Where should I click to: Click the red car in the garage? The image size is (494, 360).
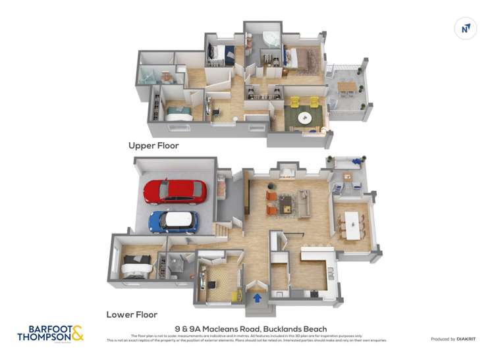click(175, 191)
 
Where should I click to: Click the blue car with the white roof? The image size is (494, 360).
click(173, 222)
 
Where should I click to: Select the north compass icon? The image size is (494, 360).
click(466, 28)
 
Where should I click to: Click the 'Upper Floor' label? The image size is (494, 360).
click(153, 145)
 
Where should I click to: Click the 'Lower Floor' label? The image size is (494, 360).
click(132, 315)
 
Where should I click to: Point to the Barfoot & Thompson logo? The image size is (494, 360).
click(51, 332)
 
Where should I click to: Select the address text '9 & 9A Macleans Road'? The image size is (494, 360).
click(217, 329)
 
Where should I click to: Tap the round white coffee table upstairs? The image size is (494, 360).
click(305, 118)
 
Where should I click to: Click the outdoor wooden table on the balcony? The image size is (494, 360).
click(347, 86)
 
